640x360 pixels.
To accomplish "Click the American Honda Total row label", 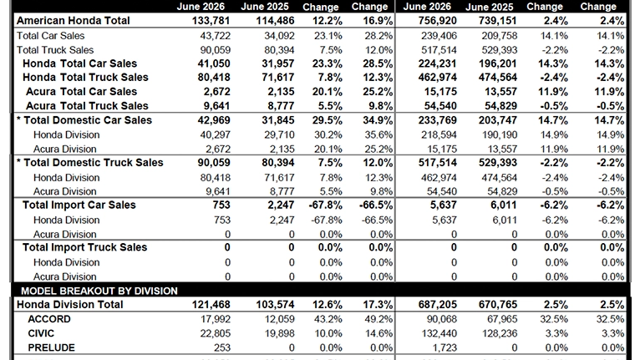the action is pos(73,20).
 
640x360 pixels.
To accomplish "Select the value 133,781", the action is pos(211,20).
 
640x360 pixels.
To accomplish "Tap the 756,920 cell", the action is pos(438,20).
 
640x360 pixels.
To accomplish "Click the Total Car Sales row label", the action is pos(51,36).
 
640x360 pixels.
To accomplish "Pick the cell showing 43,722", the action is pos(215,36).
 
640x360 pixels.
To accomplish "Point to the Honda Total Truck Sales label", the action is pos(85,78).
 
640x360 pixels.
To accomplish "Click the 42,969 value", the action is pos(214,120).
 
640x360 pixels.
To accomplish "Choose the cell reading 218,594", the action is pos(439,134).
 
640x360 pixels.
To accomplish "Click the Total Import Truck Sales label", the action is pos(84,247).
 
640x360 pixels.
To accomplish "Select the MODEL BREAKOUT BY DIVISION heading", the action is pos(99,291).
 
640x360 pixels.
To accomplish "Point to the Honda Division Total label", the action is pos(70,305).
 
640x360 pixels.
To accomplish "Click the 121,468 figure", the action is pos(211,305).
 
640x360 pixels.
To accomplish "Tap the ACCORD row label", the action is pos(49,319).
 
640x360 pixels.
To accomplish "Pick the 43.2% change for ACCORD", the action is pos(328,319).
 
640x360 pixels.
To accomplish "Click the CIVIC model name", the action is pos(41,333).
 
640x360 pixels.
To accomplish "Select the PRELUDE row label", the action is pos(52,347).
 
